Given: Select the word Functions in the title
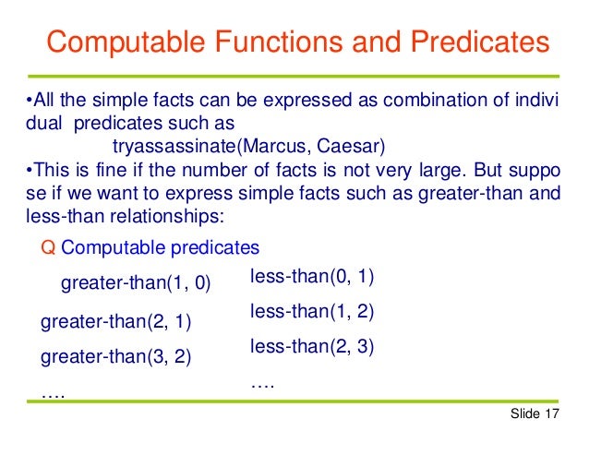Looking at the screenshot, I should [275, 42].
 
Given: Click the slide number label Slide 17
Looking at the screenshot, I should [535, 415].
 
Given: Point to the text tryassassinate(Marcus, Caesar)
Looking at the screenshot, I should [247, 147].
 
